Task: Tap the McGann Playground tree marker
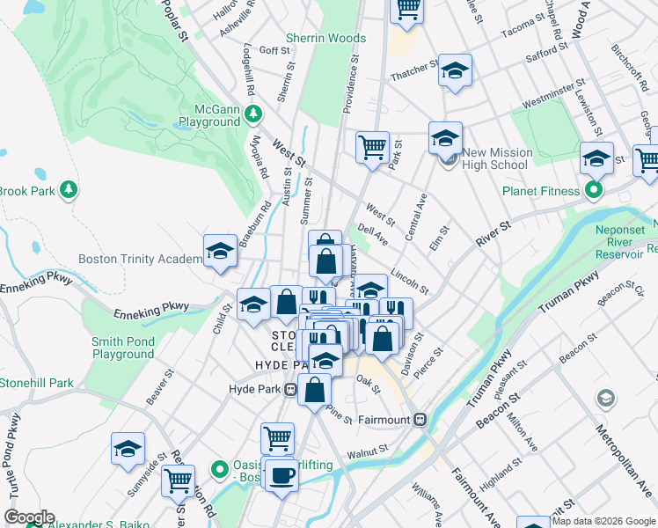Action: tap(253, 114)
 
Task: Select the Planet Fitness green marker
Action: tap(594, 190)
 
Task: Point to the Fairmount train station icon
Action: tap(420, 420)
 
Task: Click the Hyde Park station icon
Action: tap(289, 389)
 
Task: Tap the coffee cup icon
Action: tap(281, 475)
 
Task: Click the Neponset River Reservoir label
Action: tap(618, 248)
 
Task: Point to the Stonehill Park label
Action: tap(37, 383)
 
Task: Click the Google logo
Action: tap(29, 517)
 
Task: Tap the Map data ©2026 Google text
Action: tap(603, 521)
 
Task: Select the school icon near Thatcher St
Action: tap(455, 70)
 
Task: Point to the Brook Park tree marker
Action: tap(68, 190)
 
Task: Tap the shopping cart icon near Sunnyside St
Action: tap(179, 480)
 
